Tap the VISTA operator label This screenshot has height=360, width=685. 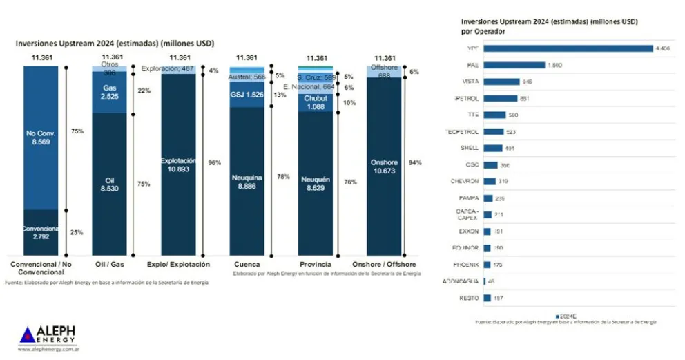[x=472, y=82]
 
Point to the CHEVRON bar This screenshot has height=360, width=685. [x=490, y=182]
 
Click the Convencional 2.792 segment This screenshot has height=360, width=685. [x=41, y=232]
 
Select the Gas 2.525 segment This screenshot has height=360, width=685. [x=109, y=92]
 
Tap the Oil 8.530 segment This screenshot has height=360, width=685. [x=109, y=184]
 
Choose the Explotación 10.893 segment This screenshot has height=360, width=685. [x=180, y=164]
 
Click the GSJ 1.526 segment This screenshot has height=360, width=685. [x=247, y=95]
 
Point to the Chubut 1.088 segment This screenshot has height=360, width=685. [x=316, y=103]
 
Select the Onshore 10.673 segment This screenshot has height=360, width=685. [x=384, y=166]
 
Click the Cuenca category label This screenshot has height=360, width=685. [x=247, y=265]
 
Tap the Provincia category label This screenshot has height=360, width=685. [x=316, y=265]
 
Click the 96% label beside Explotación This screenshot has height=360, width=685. [x=214, y=163]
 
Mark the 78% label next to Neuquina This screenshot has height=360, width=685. [x=282, y=178]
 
